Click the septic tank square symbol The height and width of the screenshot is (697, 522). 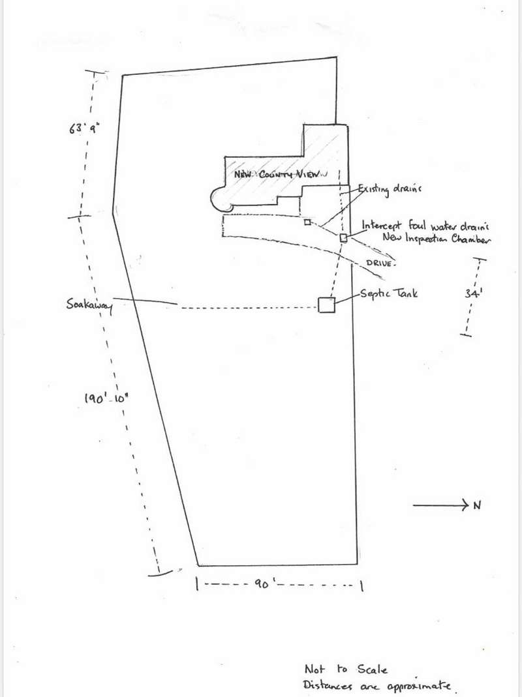point(326,305)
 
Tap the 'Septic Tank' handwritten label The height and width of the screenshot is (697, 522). point(388,293)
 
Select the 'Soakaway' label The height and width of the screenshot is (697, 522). point(89,306)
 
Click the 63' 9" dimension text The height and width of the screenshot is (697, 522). point(84,128)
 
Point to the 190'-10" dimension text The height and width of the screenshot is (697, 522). point(106,398)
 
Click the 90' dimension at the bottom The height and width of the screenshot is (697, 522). point(262,583)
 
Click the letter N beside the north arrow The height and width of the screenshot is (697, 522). point(477,505)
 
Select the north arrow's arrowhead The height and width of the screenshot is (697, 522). point(465,505)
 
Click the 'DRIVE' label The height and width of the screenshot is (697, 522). point(380,263)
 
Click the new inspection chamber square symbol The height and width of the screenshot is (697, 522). point(343,238)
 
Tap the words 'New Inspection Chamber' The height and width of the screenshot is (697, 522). point(436,239)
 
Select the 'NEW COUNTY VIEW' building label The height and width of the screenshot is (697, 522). point(281,174)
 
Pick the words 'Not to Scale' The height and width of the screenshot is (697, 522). point(346,670)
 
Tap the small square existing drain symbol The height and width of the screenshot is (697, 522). point(307,222)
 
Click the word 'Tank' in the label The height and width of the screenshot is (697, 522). point(405,293)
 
